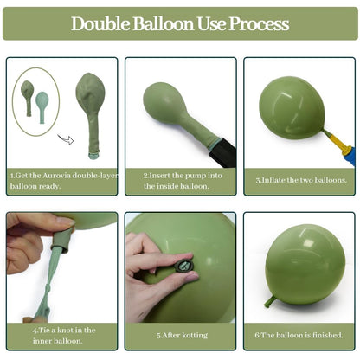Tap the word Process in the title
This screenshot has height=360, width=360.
(x=259, y=23)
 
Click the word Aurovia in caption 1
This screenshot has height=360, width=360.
(x=56, y=176)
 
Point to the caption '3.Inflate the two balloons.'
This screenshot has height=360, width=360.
(x=301, y=180)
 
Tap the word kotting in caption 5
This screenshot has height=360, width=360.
(x=195, y=335)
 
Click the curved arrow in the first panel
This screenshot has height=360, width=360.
(x=66, y=139)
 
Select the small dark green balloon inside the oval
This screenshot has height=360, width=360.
(x=28, y=98)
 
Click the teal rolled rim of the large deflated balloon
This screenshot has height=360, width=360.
(x=93, y=155)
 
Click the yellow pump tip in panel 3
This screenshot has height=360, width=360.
(x=337, y=143)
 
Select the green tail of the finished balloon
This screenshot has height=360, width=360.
(x=271, y=301)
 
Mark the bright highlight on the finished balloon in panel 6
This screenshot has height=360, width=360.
(x=307, y=241)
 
